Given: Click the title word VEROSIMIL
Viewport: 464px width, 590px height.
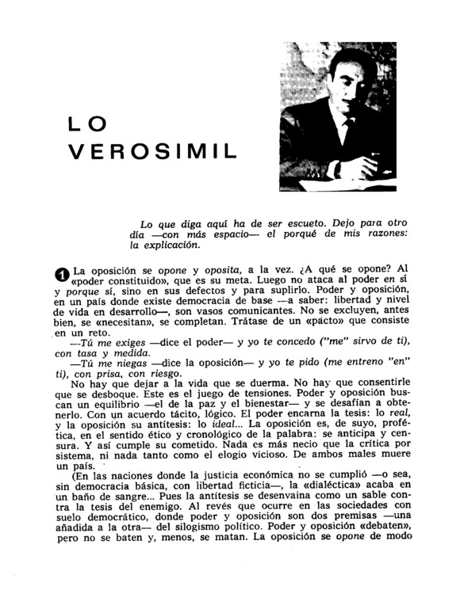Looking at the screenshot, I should [152, 152].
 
